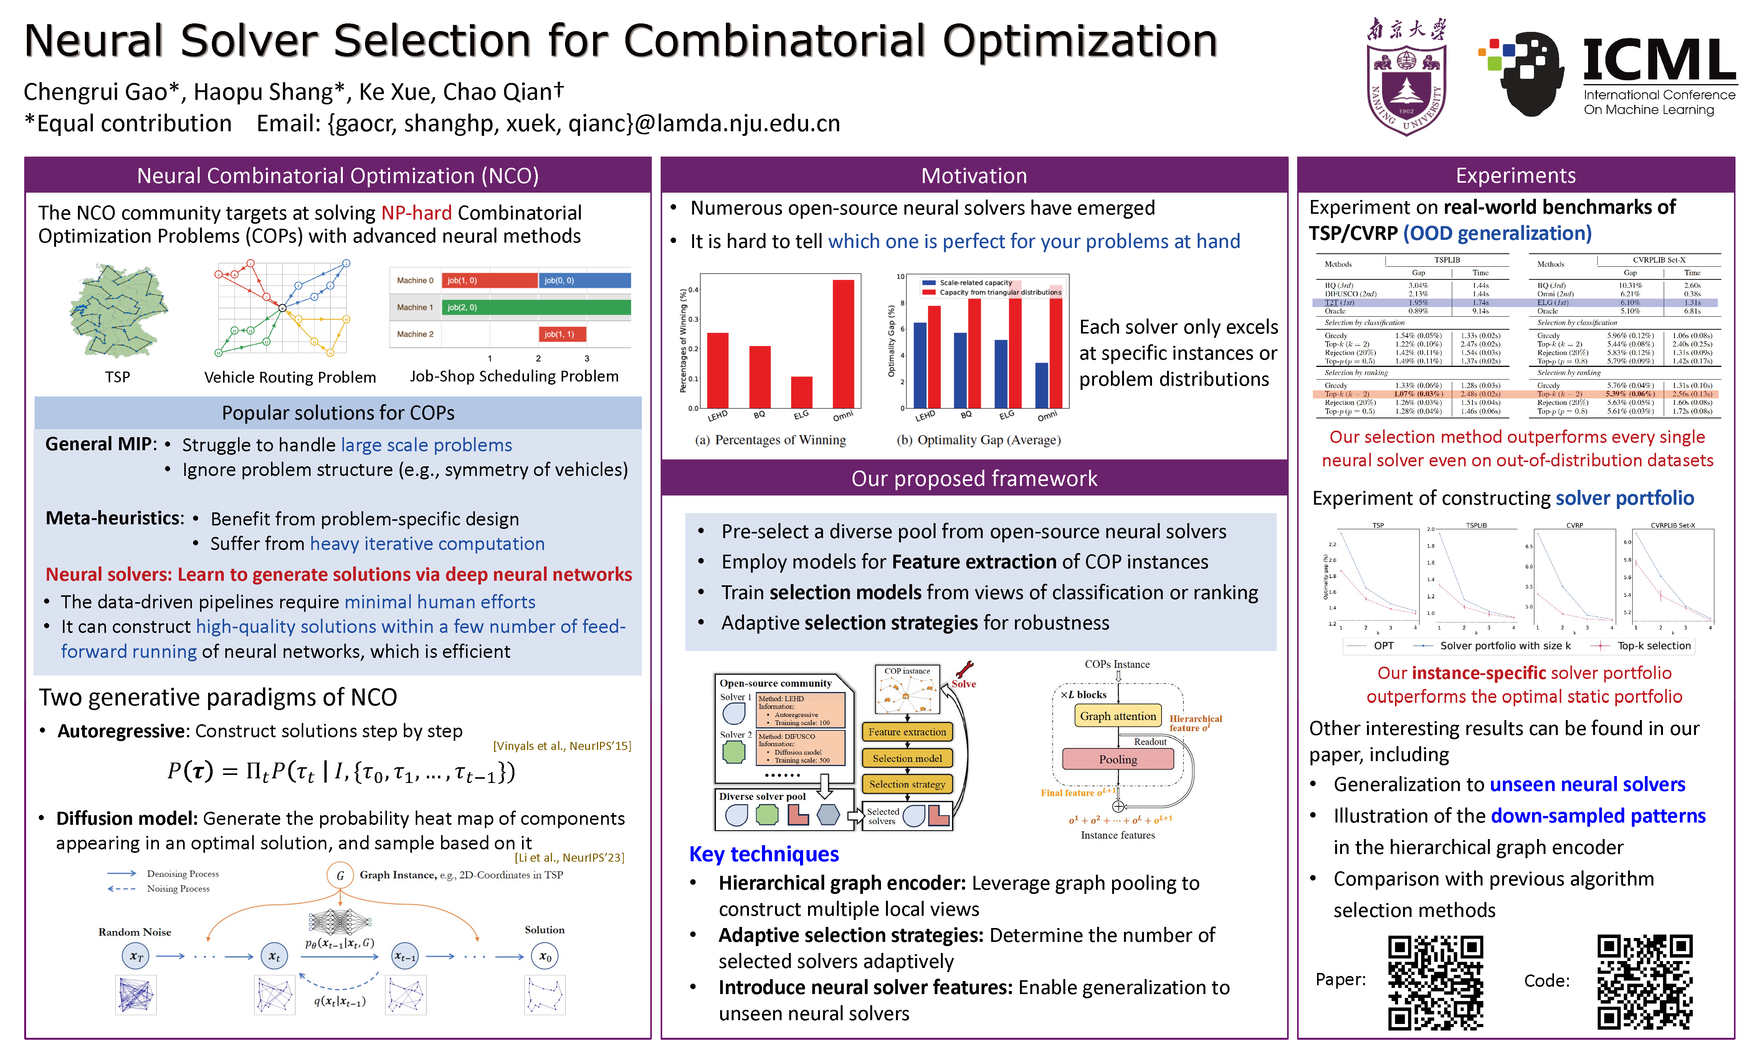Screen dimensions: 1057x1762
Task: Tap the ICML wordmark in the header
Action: [x=1660, y=61]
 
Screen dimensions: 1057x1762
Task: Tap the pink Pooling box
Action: [x=1117, y=759]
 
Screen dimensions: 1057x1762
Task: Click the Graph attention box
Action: [x=1117, y=716]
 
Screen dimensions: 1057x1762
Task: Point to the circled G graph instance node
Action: [x=340, y=875]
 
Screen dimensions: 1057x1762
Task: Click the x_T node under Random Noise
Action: [x=136, y=956]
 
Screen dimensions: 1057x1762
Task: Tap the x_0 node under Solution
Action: [x=545, y=956]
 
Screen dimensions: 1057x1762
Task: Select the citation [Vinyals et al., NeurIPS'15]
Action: [x=562, y=746]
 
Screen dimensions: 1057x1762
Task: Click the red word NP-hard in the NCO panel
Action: [x=416, y=213]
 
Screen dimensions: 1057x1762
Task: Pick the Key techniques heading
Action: [x=764, y=854]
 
